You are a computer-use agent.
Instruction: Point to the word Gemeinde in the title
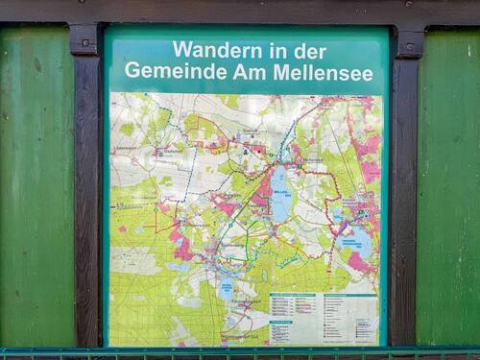[x=168, y=71]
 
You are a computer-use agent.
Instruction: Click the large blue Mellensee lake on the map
[x=279, y=191]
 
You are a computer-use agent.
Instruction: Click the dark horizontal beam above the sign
[x=240, y=11]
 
